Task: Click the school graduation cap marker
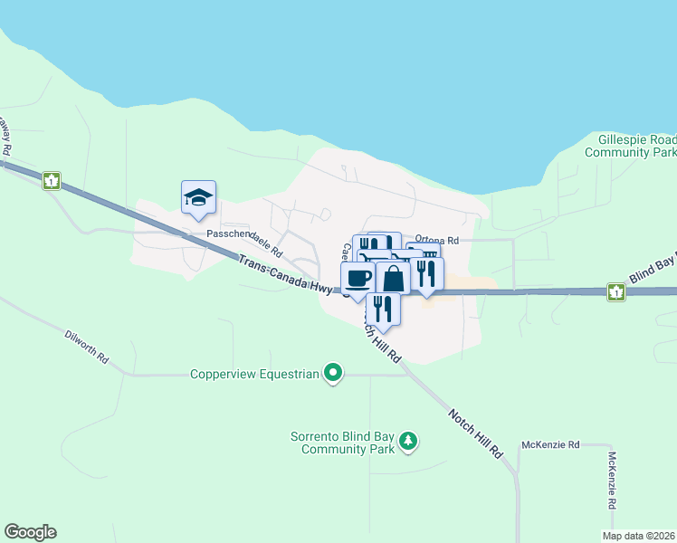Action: click(198, 197)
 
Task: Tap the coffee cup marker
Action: click(358, 278)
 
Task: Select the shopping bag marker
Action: click(393, 279)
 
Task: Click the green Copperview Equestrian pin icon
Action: click(334, 372)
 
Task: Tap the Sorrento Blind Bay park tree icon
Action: click(410, 441)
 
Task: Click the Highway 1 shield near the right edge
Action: click(615, 291)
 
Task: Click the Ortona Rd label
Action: click(437, 241)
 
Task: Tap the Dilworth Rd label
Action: click(87, 347)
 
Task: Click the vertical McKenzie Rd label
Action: click(613, 480)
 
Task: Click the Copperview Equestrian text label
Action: click(255, 374)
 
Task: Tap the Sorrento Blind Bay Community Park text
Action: click(343, 443)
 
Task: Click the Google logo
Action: click(30, 532)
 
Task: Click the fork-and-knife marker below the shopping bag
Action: click(382, 309)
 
